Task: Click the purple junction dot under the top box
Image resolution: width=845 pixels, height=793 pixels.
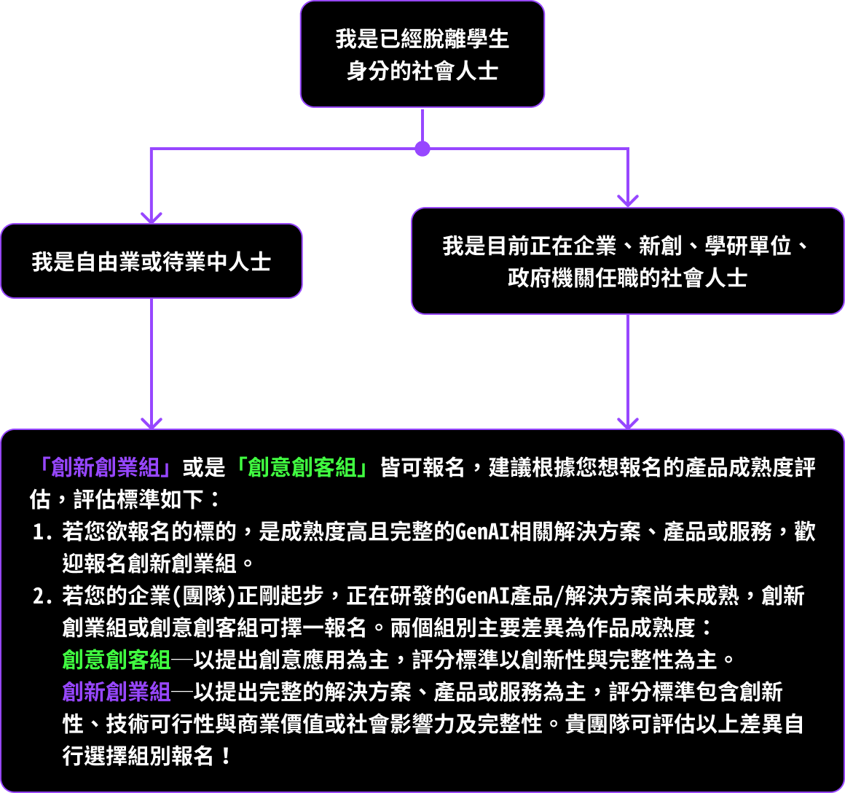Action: click(x=422, y=149)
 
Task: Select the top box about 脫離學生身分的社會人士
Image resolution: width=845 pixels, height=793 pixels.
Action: click(x=422, y=54)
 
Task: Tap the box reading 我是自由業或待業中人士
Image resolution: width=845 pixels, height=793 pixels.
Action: click(x=152, y=261)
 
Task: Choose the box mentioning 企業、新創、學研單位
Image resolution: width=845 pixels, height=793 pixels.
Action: click(x=628, y=261)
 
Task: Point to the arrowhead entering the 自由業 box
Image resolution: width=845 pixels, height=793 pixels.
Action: click(x=152, y=218)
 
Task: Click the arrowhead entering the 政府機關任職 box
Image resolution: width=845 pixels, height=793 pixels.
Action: click(x=628, y=201)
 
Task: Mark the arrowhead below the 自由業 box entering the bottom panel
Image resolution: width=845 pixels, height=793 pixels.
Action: click(x=152, y=423)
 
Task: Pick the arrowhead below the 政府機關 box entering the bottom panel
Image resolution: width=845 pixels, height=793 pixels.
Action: click(x=628, y=423)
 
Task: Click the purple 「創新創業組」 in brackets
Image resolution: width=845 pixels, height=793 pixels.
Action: click(x=106, y=467)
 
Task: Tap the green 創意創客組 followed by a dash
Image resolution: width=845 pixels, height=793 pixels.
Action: click(x=117, y=660)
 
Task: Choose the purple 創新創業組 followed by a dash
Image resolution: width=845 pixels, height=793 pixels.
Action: click(x=117, y=692)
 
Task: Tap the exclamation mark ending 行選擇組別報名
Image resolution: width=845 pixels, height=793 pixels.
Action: click(x=226, y=756)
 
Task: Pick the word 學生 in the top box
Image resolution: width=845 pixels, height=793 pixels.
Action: click(x=488, y=39)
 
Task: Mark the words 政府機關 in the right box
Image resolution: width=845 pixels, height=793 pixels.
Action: click(x=551, y=278)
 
